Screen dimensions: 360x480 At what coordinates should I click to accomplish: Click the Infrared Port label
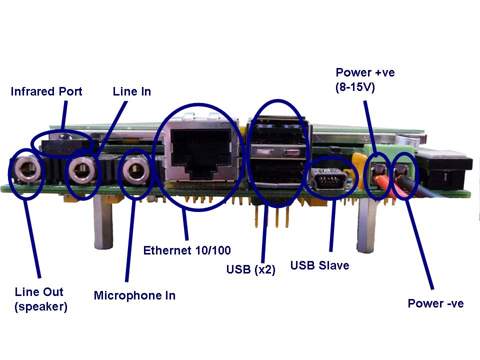pyautogui.click(x=46, y=91)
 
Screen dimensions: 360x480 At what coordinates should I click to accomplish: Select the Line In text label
pyautogui.click(x=132, y=91)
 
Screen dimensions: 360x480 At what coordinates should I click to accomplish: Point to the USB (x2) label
pyautogui.click(x=251, y=269)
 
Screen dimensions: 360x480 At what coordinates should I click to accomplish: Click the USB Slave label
pyautogui.click(x=319, y=265)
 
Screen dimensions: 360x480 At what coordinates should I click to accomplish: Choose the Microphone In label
pyautogui.click(x=134, y=295)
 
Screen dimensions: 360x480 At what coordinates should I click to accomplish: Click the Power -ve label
pyautogui.click(x=435, y=303)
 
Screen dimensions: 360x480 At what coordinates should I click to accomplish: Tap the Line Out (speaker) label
pyautogui.click(x=40, y=299)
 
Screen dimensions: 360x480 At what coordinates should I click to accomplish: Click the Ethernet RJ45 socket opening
pyautogui.click(x=200, y=150)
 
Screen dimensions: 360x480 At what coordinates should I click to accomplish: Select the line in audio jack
pyautogui.click(x=81, y=170)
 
